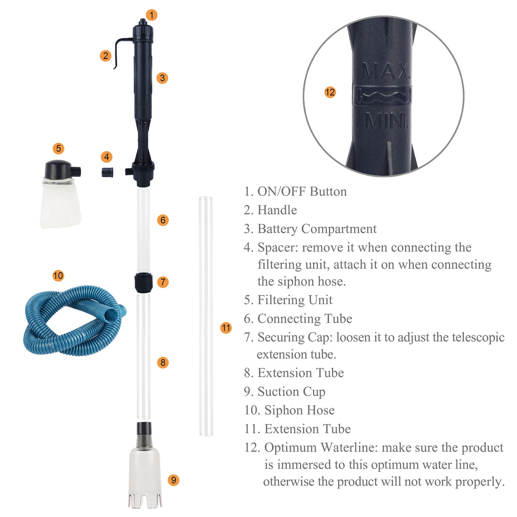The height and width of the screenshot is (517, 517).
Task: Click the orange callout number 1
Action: (152, 15)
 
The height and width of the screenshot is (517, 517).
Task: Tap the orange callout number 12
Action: (330, 92)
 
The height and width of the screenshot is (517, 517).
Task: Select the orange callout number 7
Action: (163, 282)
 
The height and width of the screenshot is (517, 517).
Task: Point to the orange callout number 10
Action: (58, 275)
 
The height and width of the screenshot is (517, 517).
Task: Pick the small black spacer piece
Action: (108, 172)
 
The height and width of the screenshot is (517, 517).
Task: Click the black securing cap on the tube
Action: (143, 282)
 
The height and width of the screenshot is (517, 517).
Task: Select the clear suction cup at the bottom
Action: (145, 472)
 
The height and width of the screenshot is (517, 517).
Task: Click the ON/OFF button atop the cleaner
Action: (142, 22)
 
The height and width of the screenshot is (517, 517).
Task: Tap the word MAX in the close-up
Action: (385, 72)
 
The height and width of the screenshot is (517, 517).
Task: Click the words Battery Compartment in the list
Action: (317, 229)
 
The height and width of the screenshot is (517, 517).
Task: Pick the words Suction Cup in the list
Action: (291, 392)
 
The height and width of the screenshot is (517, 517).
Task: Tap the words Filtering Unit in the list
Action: (295, 300)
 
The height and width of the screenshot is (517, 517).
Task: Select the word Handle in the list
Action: (277, 210)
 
